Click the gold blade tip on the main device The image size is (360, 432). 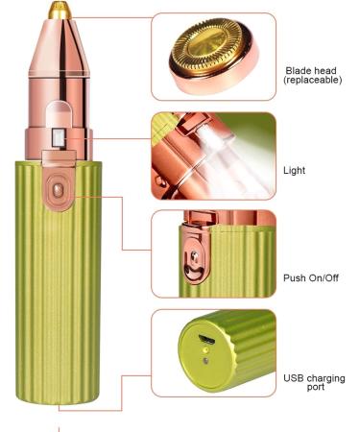(63, 9)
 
